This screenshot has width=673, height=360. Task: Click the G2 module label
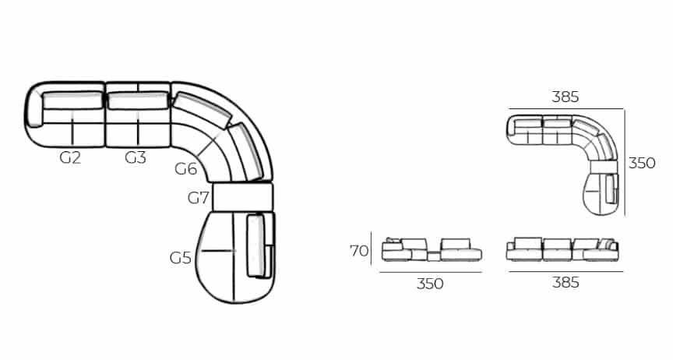coord(70,157)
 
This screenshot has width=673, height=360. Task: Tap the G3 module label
coord(136,157)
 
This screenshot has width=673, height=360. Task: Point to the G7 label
coord(199,198)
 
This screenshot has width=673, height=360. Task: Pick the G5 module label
coord(181,257)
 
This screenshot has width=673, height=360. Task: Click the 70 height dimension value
coord(358,251)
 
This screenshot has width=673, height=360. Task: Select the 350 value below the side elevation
coord(430,284)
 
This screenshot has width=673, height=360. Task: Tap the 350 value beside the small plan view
coord(642,164)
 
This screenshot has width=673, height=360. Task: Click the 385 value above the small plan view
coord(566,97)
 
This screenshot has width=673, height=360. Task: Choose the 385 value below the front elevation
coord(566,283)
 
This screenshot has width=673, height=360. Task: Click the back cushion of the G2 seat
coord(72,100)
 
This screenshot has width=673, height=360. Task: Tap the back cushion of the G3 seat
coord(137,101)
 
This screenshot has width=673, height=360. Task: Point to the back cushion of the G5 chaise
coord(255,245)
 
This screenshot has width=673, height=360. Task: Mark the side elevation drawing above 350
coord(430,249)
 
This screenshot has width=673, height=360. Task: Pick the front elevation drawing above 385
coord(562,249)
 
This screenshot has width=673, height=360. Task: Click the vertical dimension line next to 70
coord(372,249)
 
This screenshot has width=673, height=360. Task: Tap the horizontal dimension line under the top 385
coord(566,108)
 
